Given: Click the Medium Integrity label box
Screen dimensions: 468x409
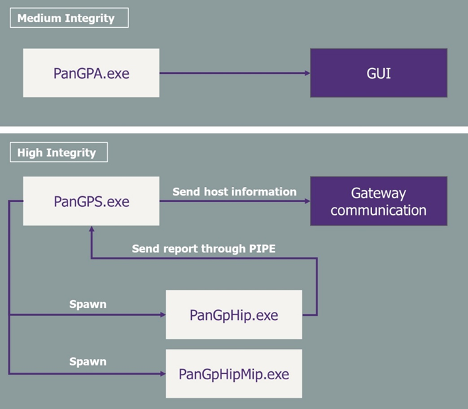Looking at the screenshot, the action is pyautogui.click(x=69, y=18).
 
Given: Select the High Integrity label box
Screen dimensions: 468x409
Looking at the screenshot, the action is pyautogui.click(x=59, y=152).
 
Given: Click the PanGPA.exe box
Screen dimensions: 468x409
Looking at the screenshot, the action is pyautogui.click(x=91, y=73).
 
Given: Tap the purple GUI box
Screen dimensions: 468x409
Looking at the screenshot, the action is pyautogui.click(x=379, y=73).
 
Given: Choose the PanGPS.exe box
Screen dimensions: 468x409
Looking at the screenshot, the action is pyautogui.click(x=91, y=201).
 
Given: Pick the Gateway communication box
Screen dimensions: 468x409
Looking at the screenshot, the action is pyautogui.click(x=379, y=201).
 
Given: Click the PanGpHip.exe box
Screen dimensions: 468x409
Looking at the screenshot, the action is pyautogui.click(x=234, y=315).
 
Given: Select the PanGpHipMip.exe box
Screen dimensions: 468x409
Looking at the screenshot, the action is pyautogui.click(x=234, y=373).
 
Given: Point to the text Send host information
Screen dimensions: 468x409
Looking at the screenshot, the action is pyautogui.click(x=235, y=192).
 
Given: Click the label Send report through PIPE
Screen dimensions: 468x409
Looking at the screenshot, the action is pyautogui.click(x=204, y=248).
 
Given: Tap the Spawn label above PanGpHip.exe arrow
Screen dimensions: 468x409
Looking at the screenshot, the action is pyautogui.click(x=88, y=305).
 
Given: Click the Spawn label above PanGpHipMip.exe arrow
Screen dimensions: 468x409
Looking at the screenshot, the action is pyautogui.click(x=88, y=361).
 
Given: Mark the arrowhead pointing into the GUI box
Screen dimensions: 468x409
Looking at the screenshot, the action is pyautogui.click(x=307, y=73).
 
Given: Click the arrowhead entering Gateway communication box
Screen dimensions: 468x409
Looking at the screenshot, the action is pyautogui.click(x=307, y=201).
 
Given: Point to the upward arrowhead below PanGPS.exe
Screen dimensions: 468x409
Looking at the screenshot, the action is pyautogui.click(x=92, y=229).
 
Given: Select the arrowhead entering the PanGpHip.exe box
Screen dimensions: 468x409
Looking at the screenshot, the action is pyautogui.click(x=163, y=315).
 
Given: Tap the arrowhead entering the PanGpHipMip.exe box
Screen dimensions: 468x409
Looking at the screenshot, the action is pyautogui.click(x=163, y=373).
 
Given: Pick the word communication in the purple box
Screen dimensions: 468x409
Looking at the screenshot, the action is pyautogui.click(x=379, y=210).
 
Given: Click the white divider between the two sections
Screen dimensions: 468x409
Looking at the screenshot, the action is pyautogui.click(x=234, y=130).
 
